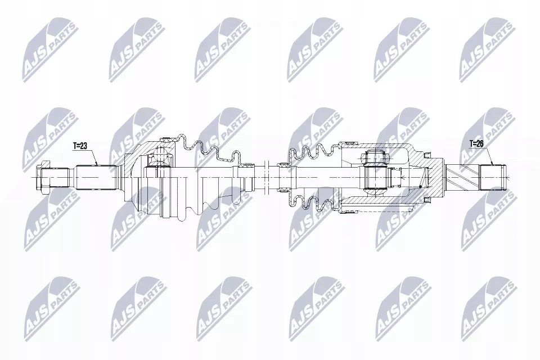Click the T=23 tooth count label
pyautogui.click(x=80, y=146)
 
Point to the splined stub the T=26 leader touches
pyautogui.click(x=493, y=177)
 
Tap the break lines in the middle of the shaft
pyautogui.click(x=266, y=177)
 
